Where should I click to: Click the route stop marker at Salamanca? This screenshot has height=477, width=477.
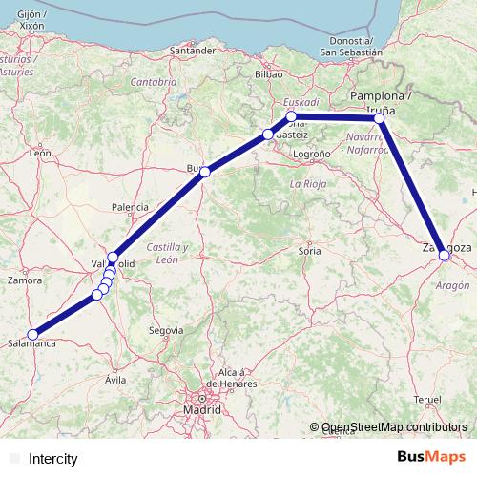(x=33, y=334)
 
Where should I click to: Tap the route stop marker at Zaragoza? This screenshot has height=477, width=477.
(x=445, y=255)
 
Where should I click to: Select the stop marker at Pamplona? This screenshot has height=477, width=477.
(x=380, y=118)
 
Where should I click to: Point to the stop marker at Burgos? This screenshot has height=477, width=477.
(x=204, y=172)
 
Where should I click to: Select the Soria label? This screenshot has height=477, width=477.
(x=310, y=251)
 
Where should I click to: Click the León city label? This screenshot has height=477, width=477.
(x=39, y=153)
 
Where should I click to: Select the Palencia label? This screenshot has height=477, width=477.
(x=130, y=207)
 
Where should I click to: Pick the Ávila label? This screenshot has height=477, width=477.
(x=115, y=380)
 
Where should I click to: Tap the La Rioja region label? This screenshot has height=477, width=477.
(x=308, y=182)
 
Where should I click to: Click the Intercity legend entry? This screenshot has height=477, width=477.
(x=53, y=459)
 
